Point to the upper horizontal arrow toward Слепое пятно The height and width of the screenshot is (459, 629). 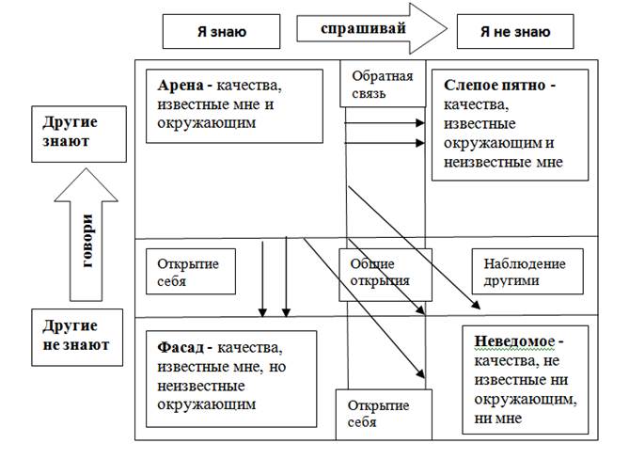[385, 123]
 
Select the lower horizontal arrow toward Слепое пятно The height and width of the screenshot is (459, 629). [385, 144]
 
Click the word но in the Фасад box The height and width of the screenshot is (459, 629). [277, 365]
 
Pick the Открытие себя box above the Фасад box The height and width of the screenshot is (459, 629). [188, 272]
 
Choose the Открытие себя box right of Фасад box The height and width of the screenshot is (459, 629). [379, 414]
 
